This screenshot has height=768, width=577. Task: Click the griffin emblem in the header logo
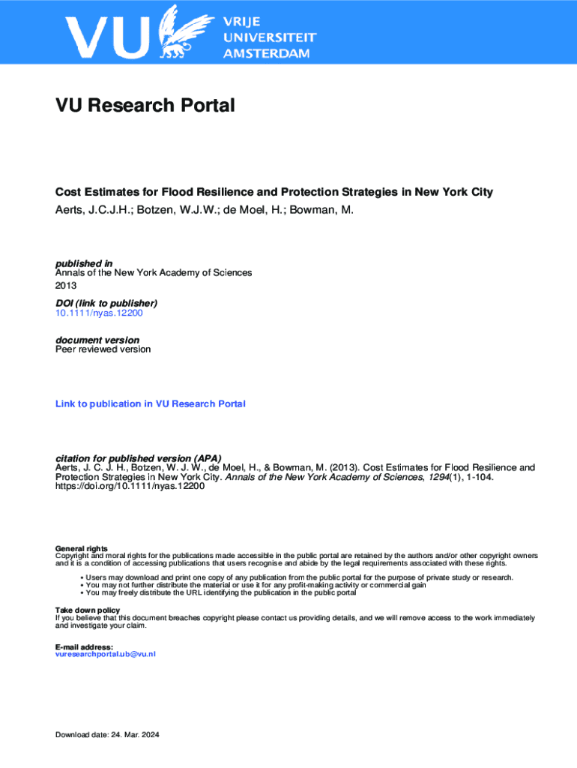[x=184, y=32]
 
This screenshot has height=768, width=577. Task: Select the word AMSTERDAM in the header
[x=265, y=54]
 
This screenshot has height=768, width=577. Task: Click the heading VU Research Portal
[x=145, y=106]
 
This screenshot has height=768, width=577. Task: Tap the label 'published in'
[x=84, y=263]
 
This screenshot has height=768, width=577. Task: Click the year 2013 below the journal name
[x=66, y=285]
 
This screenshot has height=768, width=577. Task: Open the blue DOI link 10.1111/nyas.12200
[x=99, y=313]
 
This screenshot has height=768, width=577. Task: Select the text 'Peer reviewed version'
[x=103, y=349]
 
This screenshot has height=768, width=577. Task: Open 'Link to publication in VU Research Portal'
[x=150, y=403]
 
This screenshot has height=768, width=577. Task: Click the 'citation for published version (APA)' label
[x=139, y=458]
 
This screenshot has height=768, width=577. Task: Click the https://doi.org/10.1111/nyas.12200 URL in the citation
[x=130, y=486]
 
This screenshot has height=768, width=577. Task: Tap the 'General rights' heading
[x=82, y=548]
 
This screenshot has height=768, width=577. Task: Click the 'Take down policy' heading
[x=88, y=610]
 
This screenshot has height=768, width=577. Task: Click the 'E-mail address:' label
[x=84, y=646]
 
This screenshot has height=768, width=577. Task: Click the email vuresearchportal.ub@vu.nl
[x=106, y=655]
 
